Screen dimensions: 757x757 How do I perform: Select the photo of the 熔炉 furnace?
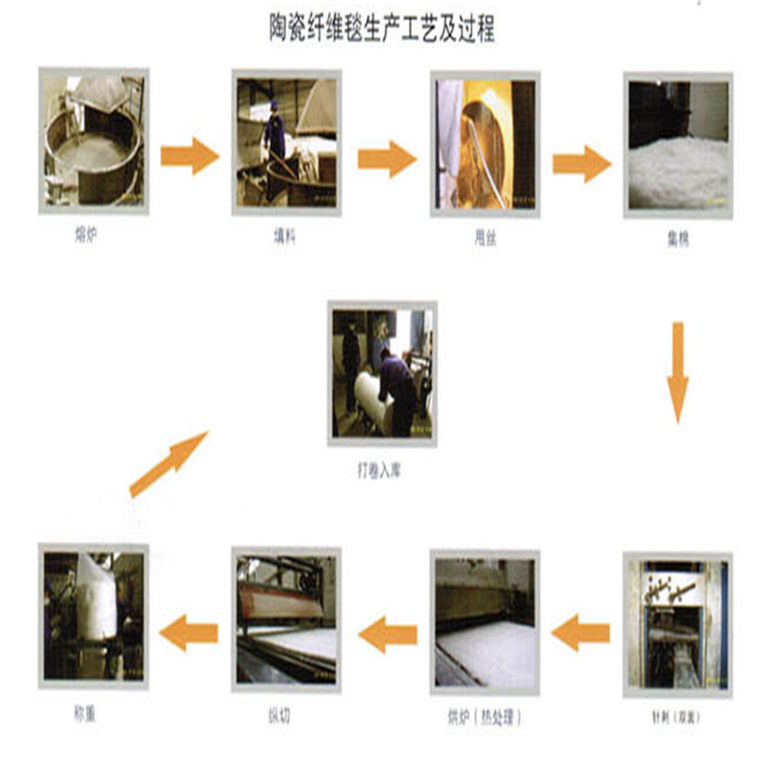click(94, 139)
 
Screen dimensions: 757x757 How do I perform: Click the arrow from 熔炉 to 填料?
click(190, 155)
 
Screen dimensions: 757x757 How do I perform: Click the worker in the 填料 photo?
click(274, 132)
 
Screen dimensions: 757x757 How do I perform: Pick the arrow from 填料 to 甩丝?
click(387, 158)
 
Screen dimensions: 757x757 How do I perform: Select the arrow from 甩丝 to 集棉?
click(582, 163)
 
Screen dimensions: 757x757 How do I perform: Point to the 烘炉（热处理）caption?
click(484, 714)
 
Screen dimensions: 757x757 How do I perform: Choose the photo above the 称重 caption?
click(94, 615)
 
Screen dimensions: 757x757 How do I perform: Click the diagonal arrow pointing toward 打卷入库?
click(168, 464)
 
